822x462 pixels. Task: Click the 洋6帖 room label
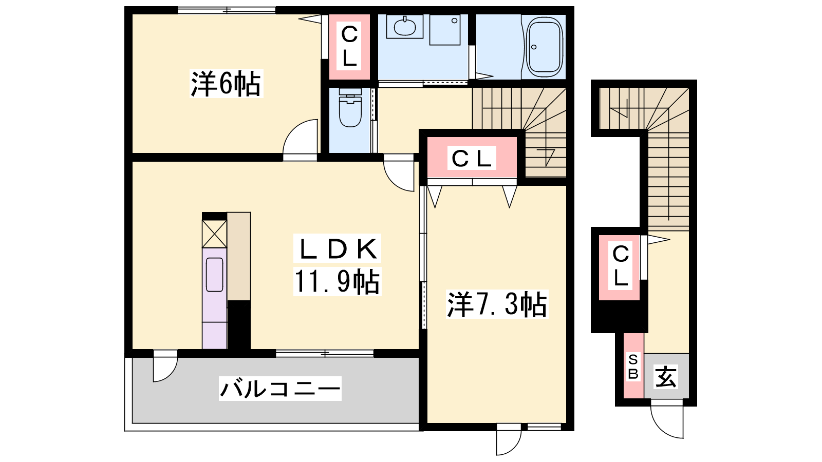tap(226, 83)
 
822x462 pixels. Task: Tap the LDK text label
tap(337, 248)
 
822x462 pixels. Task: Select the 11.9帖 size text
tap(337, 281)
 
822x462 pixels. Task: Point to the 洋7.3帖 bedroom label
tap(497, 304)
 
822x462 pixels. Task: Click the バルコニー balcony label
tap(280, 388)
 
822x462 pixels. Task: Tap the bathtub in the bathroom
tap(545, 47)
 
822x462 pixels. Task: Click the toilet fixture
tap(350, 107)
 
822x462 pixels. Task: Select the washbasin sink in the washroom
tap(405, 26)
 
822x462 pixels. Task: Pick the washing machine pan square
tap(445, 30)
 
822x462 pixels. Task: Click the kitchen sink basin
tap(215, 275)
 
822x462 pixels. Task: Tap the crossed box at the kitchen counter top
tap(214, 234)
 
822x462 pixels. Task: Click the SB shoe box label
tap(633, 367)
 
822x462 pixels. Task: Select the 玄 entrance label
tap(666, 377)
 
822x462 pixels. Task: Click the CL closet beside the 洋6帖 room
tap(349, 47)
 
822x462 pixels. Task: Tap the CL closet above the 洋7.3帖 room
tap(472, 158)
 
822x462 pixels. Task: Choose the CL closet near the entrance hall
tap(620, 267)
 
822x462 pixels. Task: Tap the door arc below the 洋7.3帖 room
tap(514, 446)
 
